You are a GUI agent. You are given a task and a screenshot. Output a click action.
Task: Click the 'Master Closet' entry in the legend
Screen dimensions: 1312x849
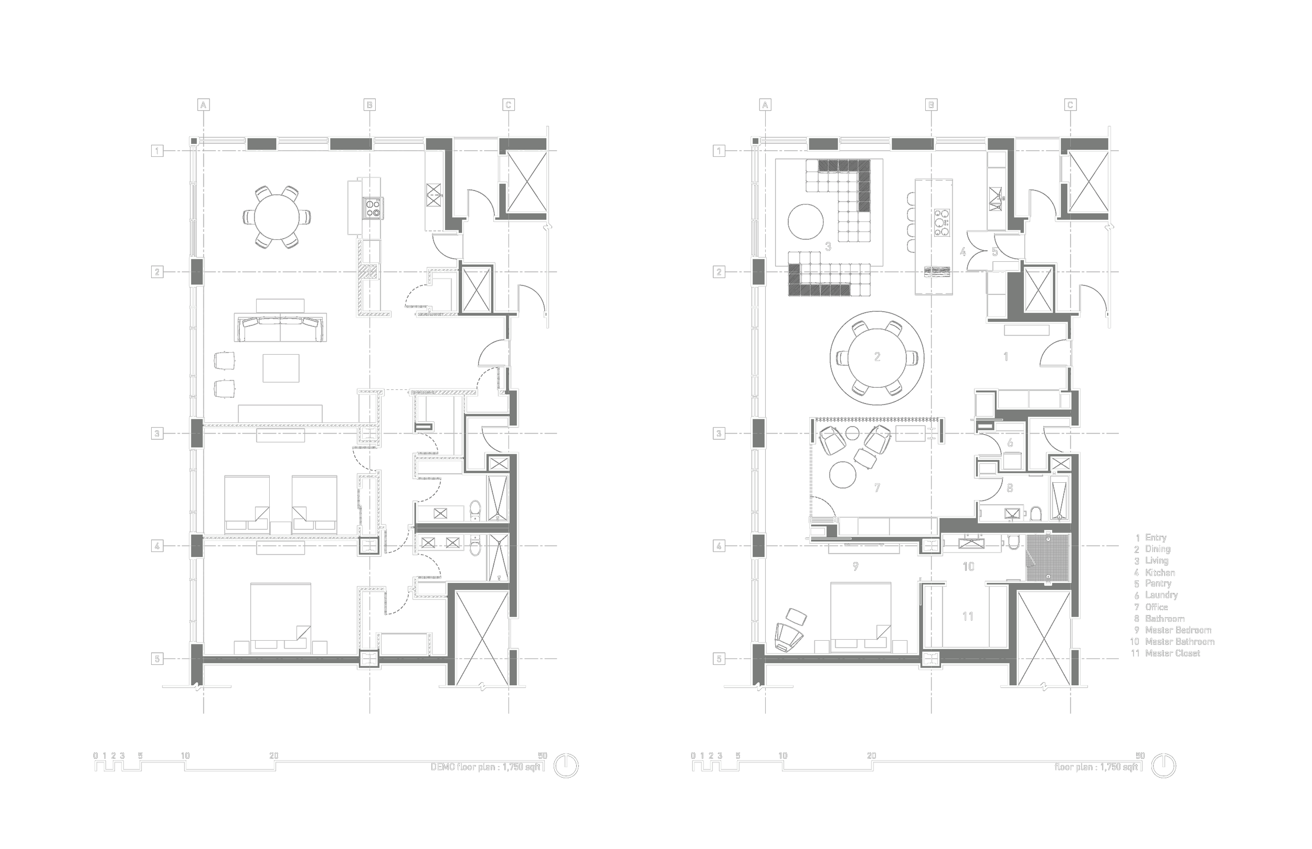point(1172,653)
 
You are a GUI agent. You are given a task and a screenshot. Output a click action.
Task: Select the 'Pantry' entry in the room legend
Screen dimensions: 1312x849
point(1158,583)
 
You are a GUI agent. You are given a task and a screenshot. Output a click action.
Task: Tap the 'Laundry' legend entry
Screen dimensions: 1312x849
point(1161,595)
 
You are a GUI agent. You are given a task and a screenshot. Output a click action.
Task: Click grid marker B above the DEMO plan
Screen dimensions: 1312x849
point(369,105)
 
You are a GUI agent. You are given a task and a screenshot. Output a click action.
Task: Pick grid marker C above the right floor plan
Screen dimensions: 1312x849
point(1070,105)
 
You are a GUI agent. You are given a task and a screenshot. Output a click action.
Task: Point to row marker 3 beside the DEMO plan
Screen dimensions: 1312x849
point(157,433)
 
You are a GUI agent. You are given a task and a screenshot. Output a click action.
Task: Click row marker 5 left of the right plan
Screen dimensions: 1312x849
point(719,659)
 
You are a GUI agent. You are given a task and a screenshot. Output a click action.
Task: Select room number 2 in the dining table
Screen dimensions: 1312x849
point(877,357)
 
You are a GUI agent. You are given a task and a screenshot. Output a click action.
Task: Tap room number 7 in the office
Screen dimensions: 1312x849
point(877,488)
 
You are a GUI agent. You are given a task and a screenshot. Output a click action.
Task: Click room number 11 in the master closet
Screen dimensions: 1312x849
point(968,617)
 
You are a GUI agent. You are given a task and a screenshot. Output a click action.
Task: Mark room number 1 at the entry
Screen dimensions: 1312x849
point(1006,357)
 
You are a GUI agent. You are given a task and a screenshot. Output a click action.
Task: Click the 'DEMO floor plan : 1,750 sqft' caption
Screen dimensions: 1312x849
point(485,767)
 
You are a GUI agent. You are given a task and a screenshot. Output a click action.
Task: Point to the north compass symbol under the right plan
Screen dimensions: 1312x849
point(1163,766)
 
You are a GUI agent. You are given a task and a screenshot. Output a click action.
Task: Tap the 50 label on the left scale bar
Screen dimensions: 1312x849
point(543,756)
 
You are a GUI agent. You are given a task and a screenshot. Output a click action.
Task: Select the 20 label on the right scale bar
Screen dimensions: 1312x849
point(872,756)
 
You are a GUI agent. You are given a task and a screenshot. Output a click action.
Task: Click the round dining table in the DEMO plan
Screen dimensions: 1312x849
point(277,217)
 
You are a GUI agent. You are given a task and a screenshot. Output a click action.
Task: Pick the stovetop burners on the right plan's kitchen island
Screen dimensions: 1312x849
point(941,222)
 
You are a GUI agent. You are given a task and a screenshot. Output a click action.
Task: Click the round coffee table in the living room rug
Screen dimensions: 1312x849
point(806,221)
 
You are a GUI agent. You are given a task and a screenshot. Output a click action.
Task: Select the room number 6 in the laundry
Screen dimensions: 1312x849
point(1010,443)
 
